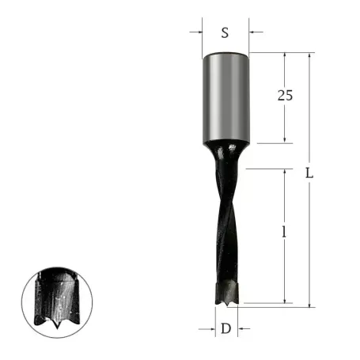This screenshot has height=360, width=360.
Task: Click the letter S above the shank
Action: tap(225, 33)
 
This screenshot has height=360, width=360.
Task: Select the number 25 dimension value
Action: tap(286, 96)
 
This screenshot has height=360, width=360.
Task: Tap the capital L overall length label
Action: tap(311, 173)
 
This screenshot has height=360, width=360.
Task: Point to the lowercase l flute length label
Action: tap(284, 233)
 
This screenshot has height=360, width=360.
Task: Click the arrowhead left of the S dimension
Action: tap(198, 33)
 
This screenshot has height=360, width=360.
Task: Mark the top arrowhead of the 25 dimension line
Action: tap(285, 56)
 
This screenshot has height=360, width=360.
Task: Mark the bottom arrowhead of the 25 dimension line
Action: tap(285, 140)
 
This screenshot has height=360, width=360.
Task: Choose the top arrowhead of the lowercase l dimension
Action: tap(285, 172)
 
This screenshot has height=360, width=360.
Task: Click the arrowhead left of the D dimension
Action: tap(212, 328)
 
